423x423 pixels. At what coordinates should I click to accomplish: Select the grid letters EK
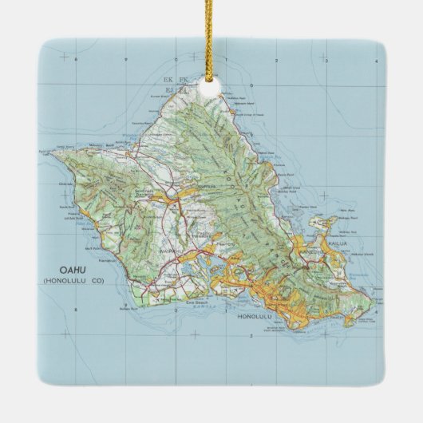pyautogui.click(x=168, y=79)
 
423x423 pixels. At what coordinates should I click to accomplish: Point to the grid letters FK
pyautogui.click(x=183, y=79)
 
